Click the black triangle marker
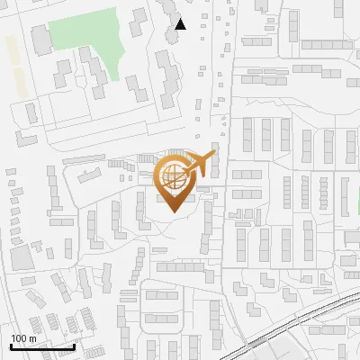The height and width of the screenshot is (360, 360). tap(181, 24)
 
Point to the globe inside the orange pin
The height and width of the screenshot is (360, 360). tap(177, 178)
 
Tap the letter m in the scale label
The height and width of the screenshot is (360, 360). tap(33, 338)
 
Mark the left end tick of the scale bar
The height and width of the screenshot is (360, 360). tap(10, 345)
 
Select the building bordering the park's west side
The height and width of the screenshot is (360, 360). tap(41, 39)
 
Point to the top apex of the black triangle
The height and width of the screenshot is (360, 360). tap(181, 19)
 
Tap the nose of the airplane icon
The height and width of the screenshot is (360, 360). tap(214, 156)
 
